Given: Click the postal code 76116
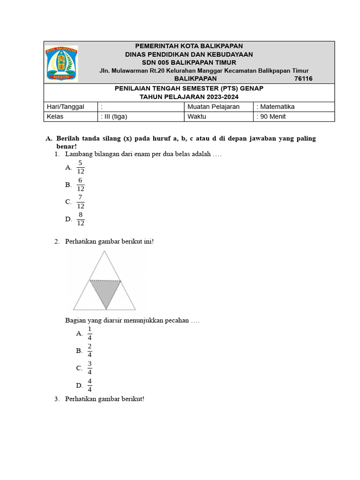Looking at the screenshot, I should pos(303,79).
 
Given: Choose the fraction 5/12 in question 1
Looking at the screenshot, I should pos(80,167).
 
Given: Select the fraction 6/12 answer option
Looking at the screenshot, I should pos(80,185).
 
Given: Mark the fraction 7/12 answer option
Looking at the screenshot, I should pos(80,202).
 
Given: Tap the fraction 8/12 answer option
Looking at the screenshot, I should pos(80,219).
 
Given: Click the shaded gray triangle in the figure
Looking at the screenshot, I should pos(105,291).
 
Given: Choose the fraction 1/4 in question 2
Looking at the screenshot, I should pos(90,333).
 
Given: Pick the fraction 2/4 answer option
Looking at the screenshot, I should pos(90,351).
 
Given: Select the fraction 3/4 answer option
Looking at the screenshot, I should pos(90,368).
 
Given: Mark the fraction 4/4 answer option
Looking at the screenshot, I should pos(90,385).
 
